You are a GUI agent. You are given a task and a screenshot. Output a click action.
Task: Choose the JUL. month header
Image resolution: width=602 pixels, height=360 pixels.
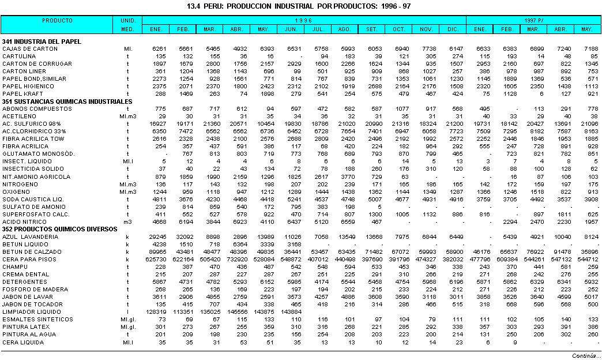tap(318, 29)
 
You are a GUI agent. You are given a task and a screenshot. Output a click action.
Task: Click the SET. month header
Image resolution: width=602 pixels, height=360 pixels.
tap(372, 29)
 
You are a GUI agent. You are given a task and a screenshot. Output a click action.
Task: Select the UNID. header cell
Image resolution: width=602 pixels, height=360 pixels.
tap(128, 20)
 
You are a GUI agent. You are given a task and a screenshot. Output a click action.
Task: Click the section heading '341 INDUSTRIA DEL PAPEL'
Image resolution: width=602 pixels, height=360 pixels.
tap(42, 42)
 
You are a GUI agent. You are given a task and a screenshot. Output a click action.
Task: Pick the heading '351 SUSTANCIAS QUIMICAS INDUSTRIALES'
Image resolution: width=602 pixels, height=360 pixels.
tap(67, 102)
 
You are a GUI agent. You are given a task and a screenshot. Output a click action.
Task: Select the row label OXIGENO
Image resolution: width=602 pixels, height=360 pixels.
tap(17, 192)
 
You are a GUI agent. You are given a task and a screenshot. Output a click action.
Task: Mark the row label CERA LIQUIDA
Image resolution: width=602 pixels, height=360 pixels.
tap(23, 342)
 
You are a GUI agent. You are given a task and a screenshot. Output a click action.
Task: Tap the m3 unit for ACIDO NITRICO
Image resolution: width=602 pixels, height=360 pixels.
tap(127, 222)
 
